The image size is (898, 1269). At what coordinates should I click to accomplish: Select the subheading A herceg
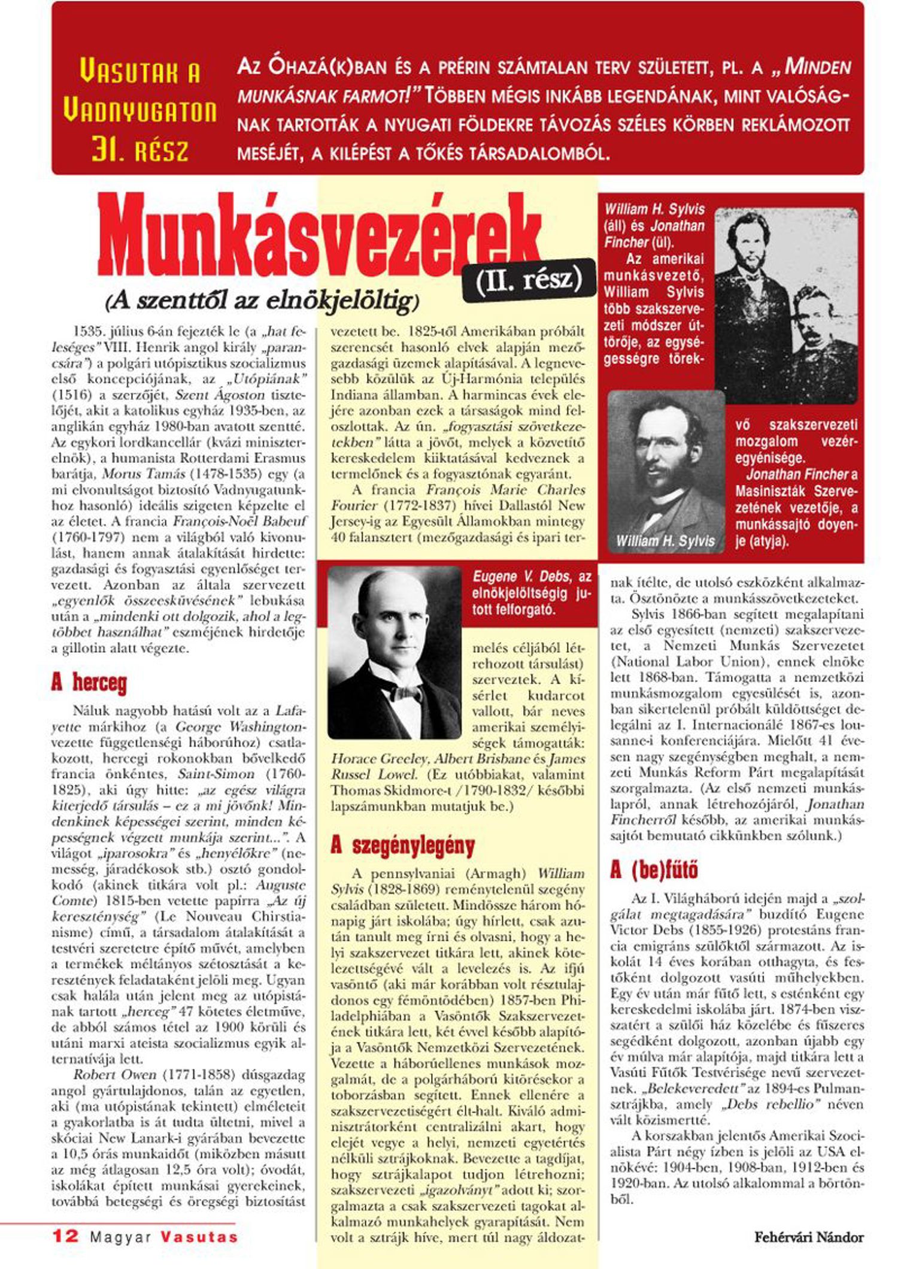click(89, 682)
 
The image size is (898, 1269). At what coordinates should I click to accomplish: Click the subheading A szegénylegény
click(402, 845)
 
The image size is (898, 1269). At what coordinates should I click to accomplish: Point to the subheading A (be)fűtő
click(654, 870)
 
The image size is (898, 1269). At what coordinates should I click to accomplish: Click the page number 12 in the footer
click(65, 1236)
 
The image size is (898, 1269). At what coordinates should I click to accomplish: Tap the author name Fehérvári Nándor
click(809, 1237)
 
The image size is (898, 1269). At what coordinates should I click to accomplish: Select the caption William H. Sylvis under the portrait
click(665, 541)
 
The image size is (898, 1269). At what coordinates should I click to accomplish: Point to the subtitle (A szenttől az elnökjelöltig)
click(262, 301)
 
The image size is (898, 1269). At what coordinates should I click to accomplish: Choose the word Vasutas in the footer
click(199, 1237)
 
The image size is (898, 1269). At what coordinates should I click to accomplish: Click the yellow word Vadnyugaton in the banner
click(139, 111)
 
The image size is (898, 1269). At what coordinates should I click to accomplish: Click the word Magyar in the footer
click(120, 1237)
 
